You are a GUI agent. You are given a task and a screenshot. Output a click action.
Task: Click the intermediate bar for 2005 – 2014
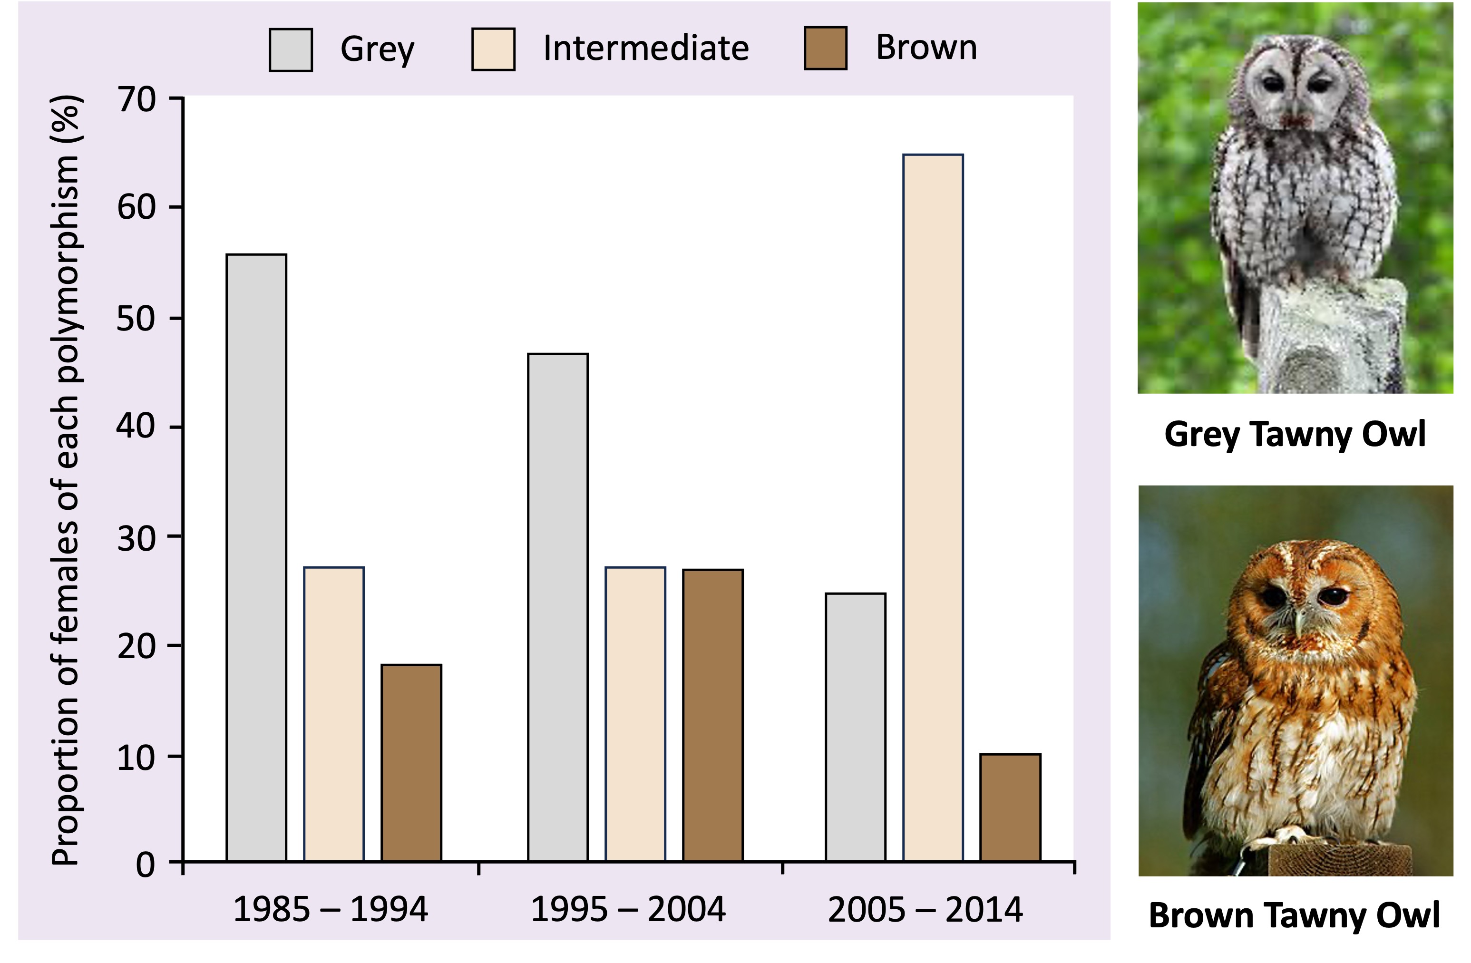[933, 507]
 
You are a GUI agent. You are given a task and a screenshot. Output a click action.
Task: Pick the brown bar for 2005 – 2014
[1011, 807]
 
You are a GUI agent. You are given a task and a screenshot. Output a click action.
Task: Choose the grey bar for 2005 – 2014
[856, 727]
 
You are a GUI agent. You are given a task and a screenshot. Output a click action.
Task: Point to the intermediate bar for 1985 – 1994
[334, 714]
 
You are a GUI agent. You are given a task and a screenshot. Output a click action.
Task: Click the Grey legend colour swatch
[291, 49]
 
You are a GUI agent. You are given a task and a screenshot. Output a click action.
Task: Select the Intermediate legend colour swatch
[493, 49]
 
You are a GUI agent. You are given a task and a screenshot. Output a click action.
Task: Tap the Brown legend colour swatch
[825, 48]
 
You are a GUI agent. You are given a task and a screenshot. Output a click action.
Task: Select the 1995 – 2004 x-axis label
[628, 910]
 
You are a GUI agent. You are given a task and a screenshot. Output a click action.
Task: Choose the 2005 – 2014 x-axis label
[925, 910]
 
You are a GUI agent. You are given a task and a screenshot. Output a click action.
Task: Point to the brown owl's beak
[1298, 621]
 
